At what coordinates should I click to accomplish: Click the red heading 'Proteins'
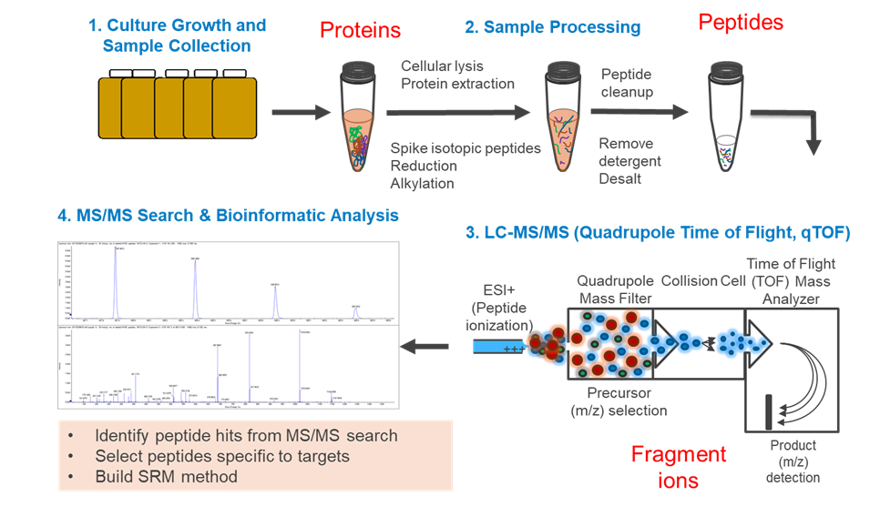pos(360,30)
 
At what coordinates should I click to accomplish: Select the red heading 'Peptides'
pos(741,21)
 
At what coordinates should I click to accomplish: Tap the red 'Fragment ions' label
pos(679,465)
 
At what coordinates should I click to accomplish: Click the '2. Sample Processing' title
pos(552,28)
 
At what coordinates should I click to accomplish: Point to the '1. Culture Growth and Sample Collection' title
pos(177,35)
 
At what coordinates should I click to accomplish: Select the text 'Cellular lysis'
pos(442,66)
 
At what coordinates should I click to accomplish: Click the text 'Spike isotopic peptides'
pos(466,148)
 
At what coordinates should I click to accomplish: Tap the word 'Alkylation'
pos(424,183)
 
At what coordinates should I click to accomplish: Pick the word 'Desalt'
pos(620,178)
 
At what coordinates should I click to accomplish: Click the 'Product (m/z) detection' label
pos(793,460)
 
